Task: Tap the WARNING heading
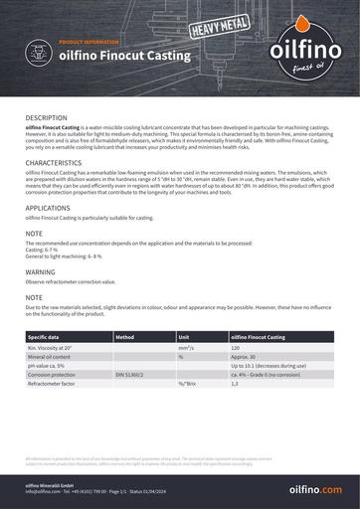(41, 270)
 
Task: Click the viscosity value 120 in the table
(236, 348)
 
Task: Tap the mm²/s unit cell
(186, 348)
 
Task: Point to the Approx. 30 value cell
(245, 357)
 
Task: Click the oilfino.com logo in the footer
(315, 490)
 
